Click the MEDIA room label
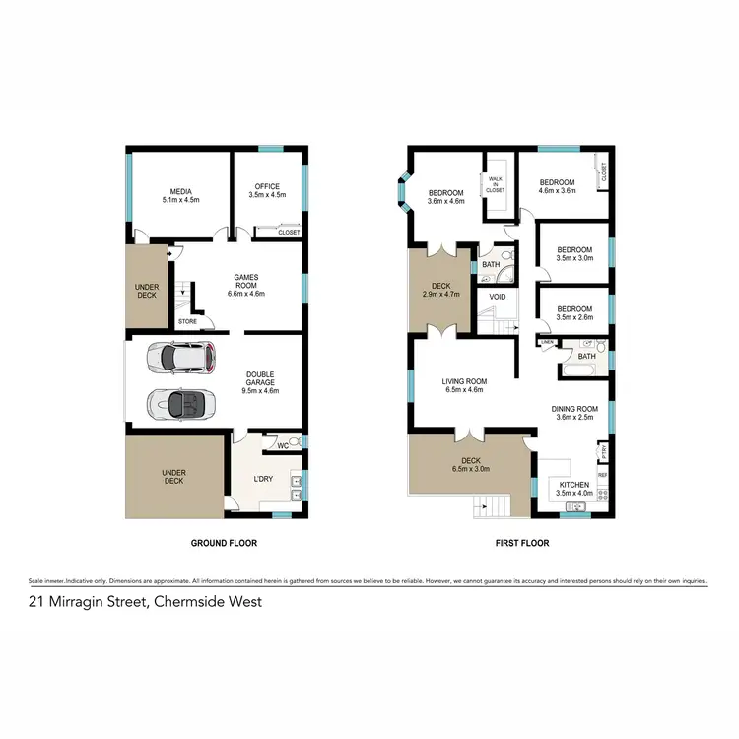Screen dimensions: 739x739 tap(180, 191)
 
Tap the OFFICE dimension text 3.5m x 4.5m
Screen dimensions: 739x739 tap(267, 195)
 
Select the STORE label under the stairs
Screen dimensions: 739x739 tap(187, 321)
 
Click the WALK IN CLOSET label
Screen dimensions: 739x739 tap(495, 183)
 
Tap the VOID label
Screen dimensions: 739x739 tap(497, 296)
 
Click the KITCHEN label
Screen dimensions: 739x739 tap(573, 486)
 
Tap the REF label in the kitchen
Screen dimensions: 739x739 tap(603, 475)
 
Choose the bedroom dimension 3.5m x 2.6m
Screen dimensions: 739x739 tap(573, 318)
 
